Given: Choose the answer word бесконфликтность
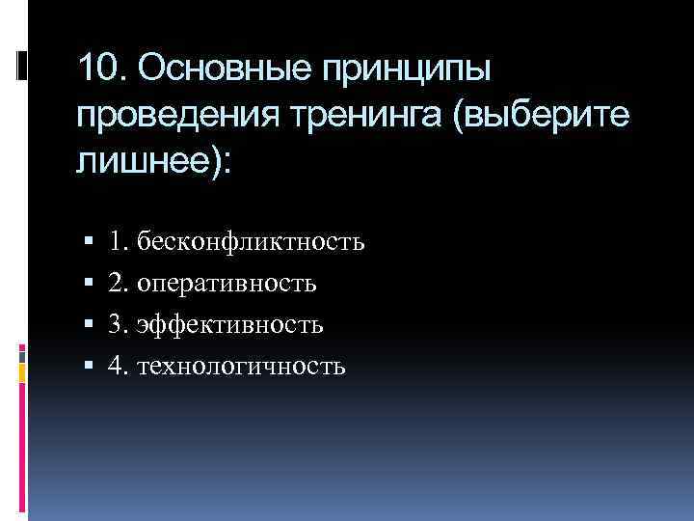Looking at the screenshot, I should point(251,241).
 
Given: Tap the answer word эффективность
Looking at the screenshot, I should point(230,325).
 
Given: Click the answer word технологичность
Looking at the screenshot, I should point(241,367).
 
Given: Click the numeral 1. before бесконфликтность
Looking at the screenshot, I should point(119,241).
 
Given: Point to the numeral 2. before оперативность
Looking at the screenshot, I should point(119,283).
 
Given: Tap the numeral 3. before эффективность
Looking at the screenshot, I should point(119,325).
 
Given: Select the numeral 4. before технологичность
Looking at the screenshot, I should point(119,367).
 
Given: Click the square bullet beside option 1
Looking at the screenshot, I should point(88,242).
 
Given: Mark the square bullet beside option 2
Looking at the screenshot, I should point(88,284).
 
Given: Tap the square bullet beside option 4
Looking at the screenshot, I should point(88,368).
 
